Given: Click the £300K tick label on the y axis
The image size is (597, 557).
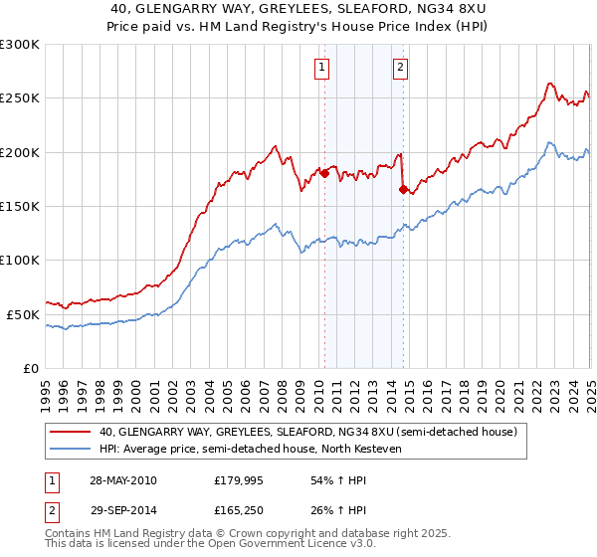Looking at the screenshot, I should click(19, 45).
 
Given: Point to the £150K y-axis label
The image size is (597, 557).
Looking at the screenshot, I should click(19, 206).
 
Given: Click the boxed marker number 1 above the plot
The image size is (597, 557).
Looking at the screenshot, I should click(323, 68).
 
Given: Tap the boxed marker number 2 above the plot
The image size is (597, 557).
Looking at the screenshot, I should click(400, 68).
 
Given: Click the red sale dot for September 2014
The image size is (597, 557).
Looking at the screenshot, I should click(403, 190).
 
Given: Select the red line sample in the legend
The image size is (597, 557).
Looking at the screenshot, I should click(70, 433).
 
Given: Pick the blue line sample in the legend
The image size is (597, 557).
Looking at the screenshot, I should click(70, 449).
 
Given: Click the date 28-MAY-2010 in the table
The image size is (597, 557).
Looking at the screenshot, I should click(123, 480).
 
